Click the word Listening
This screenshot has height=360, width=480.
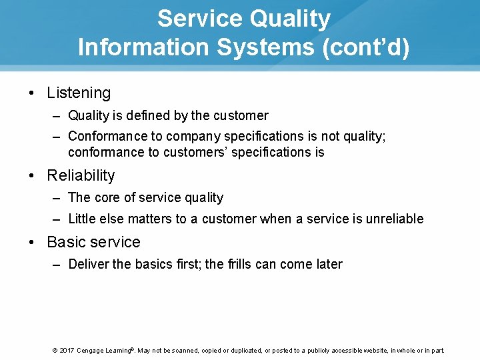(79, 93)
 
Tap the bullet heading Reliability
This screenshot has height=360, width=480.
(81, 176)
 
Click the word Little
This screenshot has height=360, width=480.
(82, 219)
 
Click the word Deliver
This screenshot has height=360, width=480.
(89, 265)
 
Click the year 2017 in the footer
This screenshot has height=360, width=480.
(67, 351)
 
